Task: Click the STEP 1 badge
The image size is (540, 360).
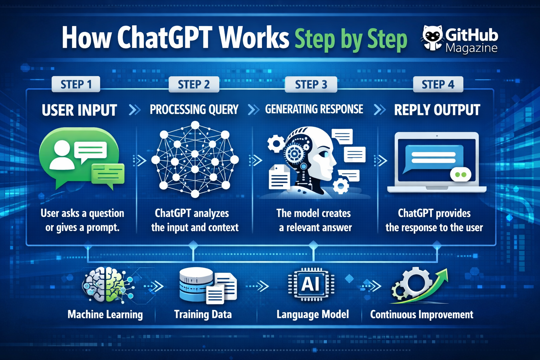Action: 76,84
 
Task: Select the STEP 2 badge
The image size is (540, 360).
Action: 194,84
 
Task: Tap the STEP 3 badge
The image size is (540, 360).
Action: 311,84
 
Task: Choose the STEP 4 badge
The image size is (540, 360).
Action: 438,84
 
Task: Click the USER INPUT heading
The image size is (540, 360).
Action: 79,110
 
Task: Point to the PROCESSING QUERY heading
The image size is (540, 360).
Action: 194,110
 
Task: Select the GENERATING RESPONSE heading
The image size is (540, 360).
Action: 314,109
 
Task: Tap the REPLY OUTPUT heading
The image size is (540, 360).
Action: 437,110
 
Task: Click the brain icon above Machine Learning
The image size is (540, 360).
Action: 104,285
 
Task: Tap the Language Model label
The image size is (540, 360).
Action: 313,314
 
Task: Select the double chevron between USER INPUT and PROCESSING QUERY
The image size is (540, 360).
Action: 134,110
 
